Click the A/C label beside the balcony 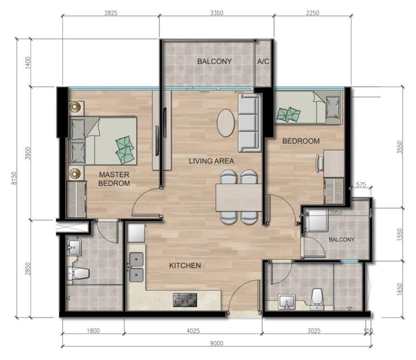(263, 62)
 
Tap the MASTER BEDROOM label (114, 179)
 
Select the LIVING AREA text (211, 161)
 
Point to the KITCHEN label (185, 265)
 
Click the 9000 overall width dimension (217, 344)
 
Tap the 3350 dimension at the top (217, 13)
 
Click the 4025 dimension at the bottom (193, 330)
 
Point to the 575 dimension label (361, 185)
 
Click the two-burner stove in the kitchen (185, 300)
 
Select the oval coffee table (225, 123)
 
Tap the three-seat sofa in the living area (249, 123)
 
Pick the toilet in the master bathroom (78, 273)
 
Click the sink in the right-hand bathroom (287, 302)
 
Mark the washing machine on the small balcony (316, 220)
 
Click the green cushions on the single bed (288, 114)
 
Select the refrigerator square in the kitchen (136, 233)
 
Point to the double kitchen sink (136, 267)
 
